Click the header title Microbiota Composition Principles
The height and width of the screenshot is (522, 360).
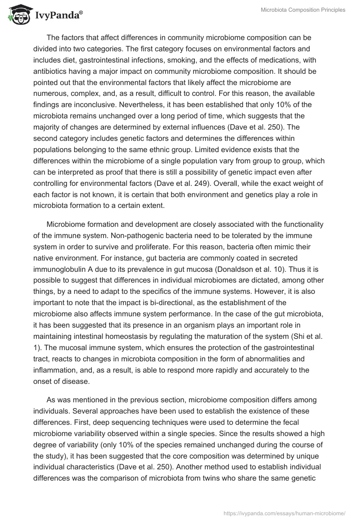[303, 10]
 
